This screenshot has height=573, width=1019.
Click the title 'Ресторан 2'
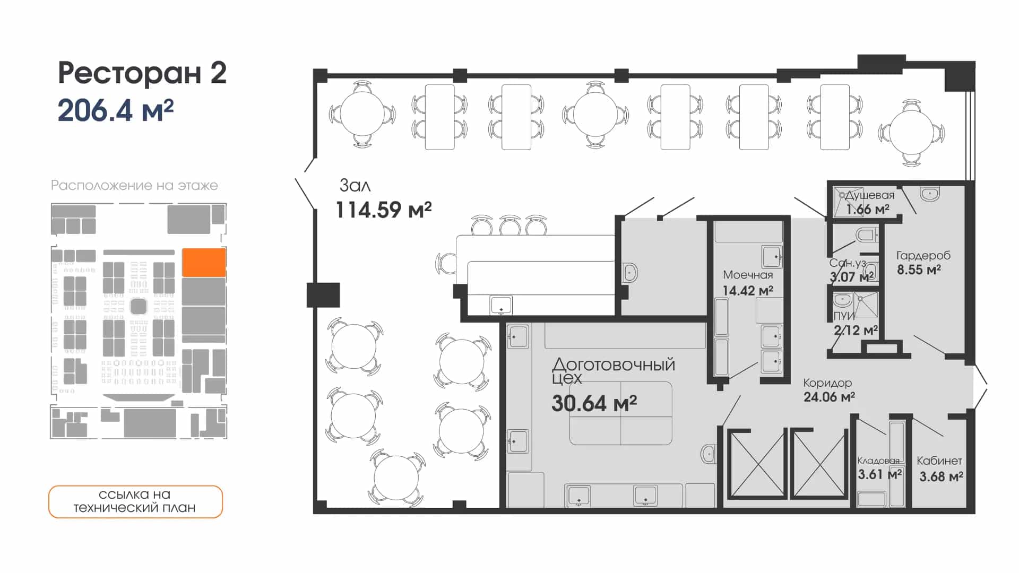[142, 73]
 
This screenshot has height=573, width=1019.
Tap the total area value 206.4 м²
[116, 110]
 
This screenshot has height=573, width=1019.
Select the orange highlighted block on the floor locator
[204, 262]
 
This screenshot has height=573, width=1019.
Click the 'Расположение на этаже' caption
[134, 185]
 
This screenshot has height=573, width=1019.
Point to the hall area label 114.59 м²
[384, 210]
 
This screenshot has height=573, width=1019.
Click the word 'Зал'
[355, 185]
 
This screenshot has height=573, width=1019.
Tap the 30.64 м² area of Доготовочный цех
[594, 404]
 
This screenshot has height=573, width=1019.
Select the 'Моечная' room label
[748, 275]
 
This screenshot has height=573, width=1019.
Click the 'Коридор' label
[827, 383]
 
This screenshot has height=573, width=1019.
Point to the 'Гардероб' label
[923, 256]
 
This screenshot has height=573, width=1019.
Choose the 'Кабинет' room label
[939, 461]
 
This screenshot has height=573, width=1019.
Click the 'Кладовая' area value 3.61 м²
[880, 474]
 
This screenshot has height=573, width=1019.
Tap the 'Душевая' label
[870, 195]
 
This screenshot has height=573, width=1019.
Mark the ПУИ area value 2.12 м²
[856, 331]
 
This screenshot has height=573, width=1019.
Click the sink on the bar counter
[501, 306]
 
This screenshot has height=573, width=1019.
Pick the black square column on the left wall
[323, 295]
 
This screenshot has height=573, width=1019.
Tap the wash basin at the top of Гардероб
[930, 194]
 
